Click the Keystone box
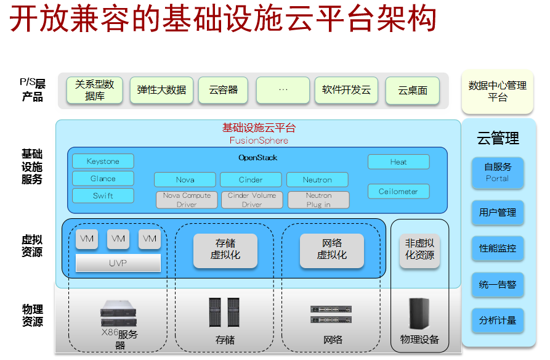click(x=103, y=162)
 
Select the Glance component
click(x=103, y=179)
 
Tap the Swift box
click(x=103, y=196)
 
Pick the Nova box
click(x=185, y=179)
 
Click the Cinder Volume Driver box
click(x=251, y=200)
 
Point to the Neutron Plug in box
click(x=318, y=200)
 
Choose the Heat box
click(x=398, y=162)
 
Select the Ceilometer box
click(x=398, y=191)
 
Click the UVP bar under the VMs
click(x=118, y=263)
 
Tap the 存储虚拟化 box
click(x=225, y=250)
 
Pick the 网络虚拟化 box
click(x=331, y=250)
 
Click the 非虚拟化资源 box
click(x=419, y=250)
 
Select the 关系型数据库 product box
click(x=95, y=90)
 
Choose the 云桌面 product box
click(x=412, y=90)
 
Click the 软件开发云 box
click(x=346, y=90)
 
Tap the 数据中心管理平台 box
click(x=497, y=91)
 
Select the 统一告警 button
click(x=498, y=285)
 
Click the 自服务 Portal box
click(x=498, y=173)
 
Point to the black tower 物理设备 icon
click(x=419, y=313)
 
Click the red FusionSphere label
click(x=259, y=140)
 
